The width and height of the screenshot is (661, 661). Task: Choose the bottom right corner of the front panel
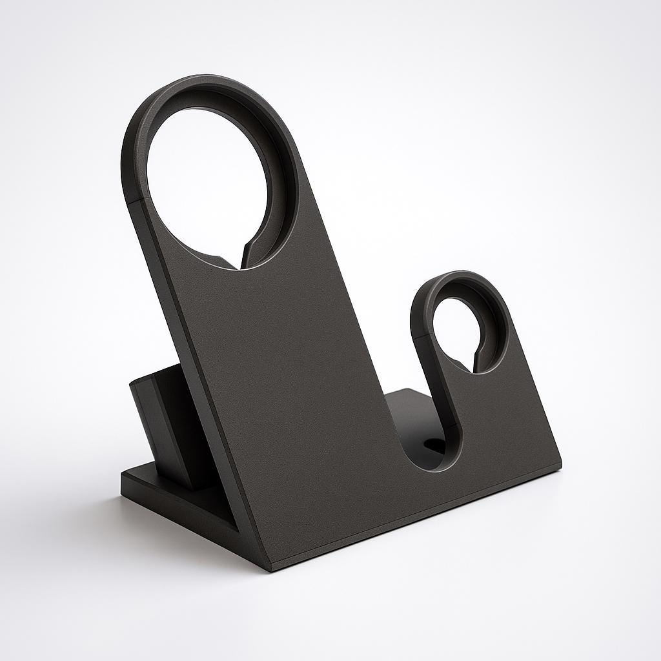pos(559,465)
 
